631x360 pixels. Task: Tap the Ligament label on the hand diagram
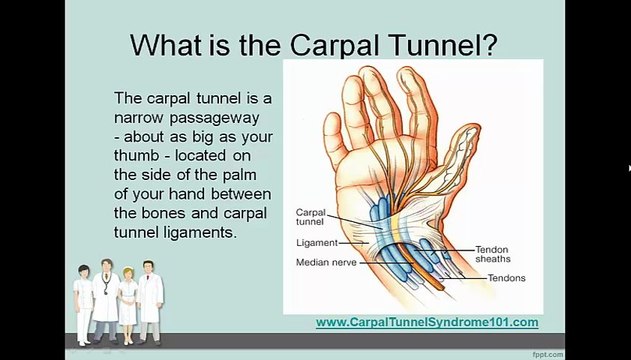click(316, 242)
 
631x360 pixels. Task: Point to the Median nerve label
click(325, 262)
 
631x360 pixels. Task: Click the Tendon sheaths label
click(492, 253)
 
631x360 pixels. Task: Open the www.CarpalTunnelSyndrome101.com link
click(427, 322)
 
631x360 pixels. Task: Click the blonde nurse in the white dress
click(128, 300)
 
